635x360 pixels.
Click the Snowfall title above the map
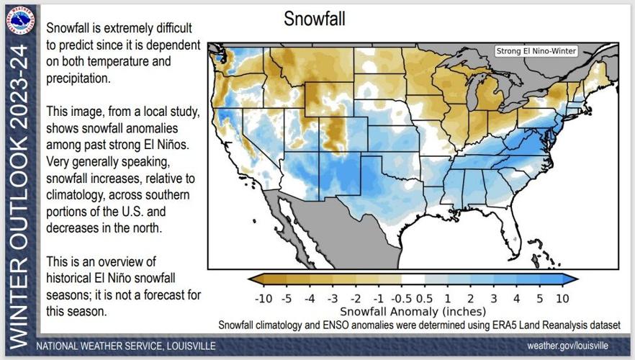314,19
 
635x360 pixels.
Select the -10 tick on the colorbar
263,298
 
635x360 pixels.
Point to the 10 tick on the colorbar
562,298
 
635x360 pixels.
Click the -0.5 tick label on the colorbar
402,298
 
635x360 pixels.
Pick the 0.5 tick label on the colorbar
425,298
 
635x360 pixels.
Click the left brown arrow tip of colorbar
251,279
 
